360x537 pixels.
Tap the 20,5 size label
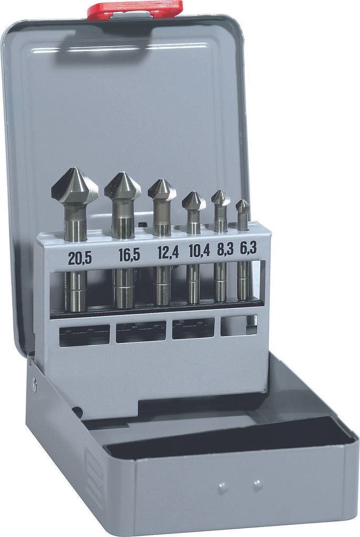(x=80, y=258)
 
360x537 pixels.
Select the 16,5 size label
(x=129, y=255)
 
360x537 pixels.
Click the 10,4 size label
(x=199, y=251)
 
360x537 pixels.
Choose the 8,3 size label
(x=225, y=249)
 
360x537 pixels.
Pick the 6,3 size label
(x=248, y=248)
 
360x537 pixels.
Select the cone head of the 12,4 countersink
(x=162, y=190)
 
